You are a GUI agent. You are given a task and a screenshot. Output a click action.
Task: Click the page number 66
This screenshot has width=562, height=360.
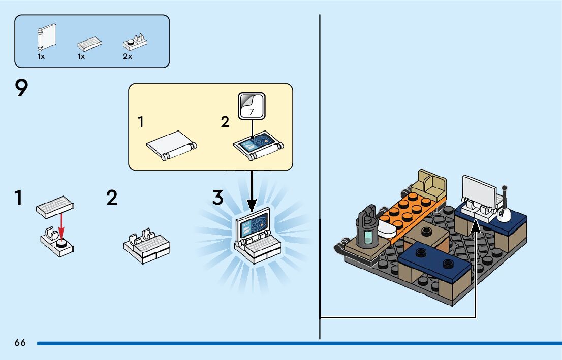[20, 343]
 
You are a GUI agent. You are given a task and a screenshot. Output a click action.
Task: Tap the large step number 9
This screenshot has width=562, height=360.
[21, 90]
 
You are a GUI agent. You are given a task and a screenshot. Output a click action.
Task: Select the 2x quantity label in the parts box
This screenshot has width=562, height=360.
[128, 57]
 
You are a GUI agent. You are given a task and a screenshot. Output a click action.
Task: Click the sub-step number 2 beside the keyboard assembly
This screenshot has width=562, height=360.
[112, 198]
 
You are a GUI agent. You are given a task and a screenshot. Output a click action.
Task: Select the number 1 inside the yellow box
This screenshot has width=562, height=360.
[141, 122]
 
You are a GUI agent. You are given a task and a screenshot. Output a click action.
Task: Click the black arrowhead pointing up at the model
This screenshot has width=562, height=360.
[475, 227]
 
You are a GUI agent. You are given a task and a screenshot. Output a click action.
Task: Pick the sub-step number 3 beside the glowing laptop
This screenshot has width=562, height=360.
[218, 198]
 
